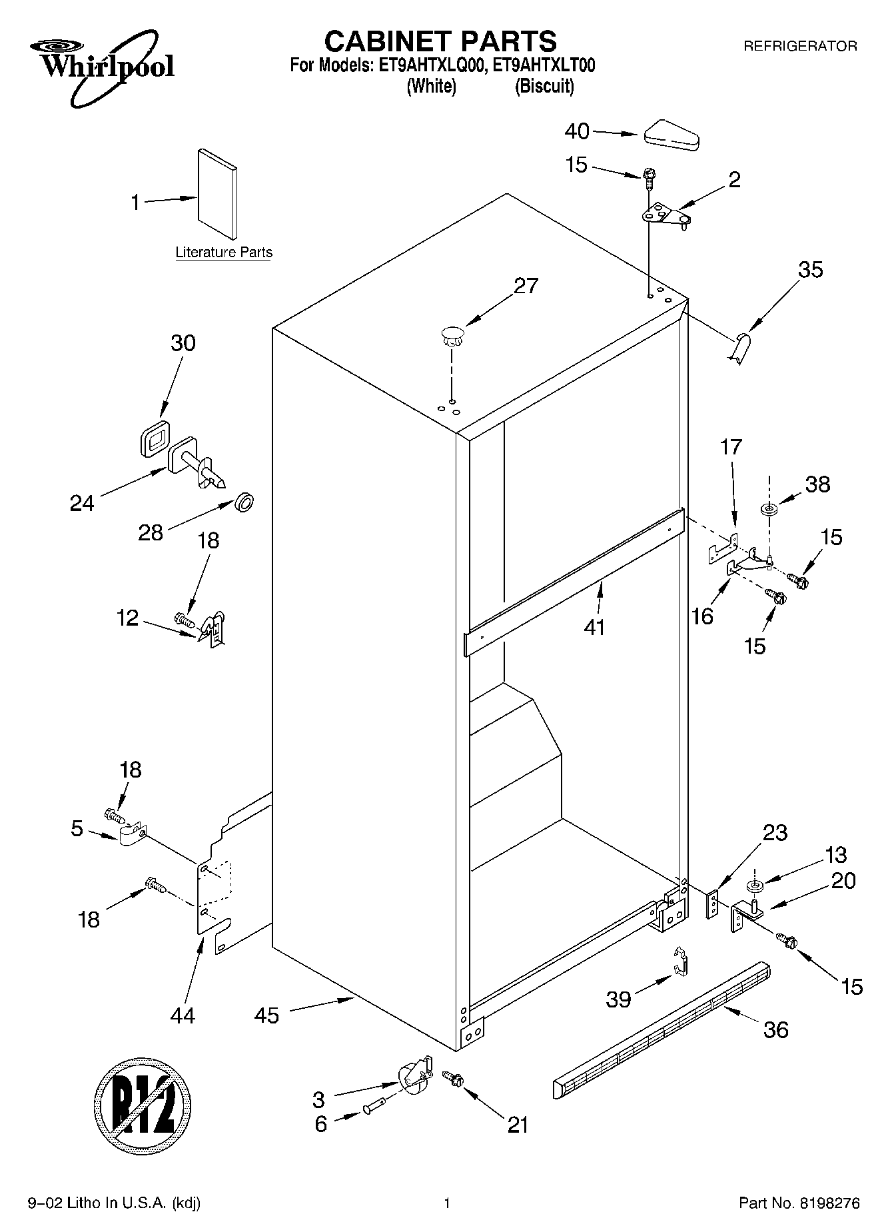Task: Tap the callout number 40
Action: pos(577,131)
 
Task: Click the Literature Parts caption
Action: pos(224,253)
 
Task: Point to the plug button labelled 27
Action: pos(452,334)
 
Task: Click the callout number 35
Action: pos(811,270)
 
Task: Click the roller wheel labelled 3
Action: pos(414,1077)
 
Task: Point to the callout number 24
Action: pos(82,503)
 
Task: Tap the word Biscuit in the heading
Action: pos(544,87)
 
